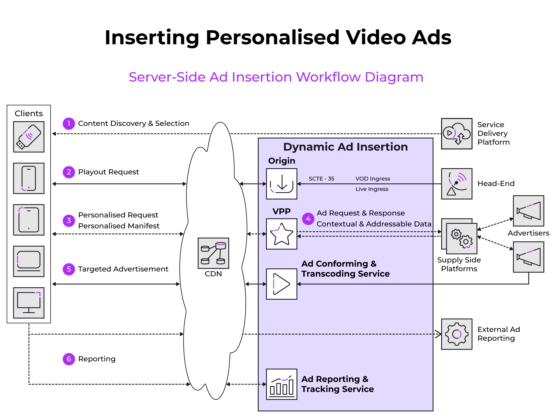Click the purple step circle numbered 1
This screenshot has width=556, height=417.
(69, 123)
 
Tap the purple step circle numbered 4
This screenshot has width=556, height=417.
(308, 219)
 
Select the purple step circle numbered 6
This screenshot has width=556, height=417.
(69, 359)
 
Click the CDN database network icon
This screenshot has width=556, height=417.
(213, 253)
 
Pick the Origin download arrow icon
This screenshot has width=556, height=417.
(282, 184)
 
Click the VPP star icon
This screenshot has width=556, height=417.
(282, 234)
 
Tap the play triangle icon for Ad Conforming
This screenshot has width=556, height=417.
(282, 284)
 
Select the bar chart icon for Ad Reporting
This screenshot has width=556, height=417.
(282, 384)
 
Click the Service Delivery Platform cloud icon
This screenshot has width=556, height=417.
(456, 134)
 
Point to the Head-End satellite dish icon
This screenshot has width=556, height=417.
(456, 184)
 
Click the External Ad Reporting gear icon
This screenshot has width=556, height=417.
(456, 334)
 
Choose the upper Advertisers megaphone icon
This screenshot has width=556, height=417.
(528, 211)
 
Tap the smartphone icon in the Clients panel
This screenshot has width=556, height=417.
(29, 178)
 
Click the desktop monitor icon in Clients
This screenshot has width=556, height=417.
(29, 303)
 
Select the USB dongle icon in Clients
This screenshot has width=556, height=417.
(29, 137)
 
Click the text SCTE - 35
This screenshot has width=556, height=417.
(321, 179)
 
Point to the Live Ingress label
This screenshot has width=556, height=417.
(372, 189)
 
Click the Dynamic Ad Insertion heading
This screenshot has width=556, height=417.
(345, 147)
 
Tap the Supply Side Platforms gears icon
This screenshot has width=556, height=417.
(461, 238)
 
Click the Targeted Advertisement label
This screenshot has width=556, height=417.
(123, 269)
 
